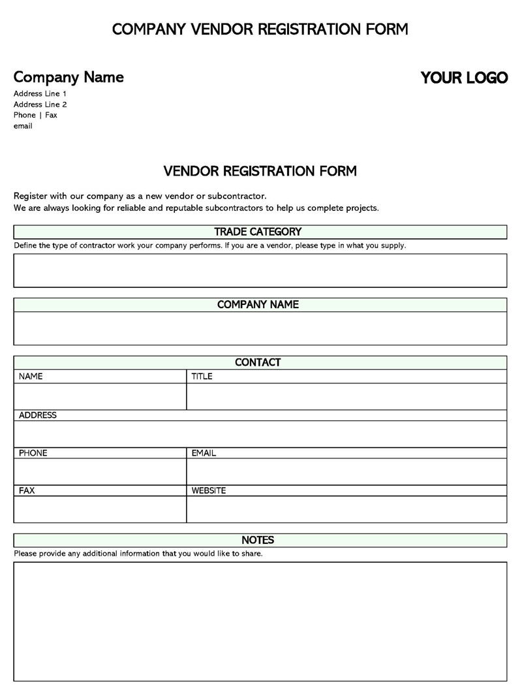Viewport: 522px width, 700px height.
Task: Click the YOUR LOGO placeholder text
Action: coord(464,78)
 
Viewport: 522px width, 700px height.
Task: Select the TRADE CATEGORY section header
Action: coord(258,232)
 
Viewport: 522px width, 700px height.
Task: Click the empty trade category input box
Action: coord(260,270)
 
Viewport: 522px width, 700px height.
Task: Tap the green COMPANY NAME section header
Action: coord(258,305)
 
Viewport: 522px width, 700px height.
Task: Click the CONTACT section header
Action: coord(258,362)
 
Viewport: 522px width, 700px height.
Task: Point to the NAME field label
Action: coord(31,377)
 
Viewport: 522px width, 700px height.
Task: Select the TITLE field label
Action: coord(202,377)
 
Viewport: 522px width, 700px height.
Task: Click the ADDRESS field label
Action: coord(38,415)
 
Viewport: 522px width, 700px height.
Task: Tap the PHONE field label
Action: coord(33,453)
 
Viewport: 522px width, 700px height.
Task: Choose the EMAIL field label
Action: coord(204,453)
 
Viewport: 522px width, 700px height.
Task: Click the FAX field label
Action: coord(27,490)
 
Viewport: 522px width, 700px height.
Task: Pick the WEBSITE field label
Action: coord(209,490)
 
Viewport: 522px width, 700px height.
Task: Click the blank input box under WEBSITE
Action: coord(346,509)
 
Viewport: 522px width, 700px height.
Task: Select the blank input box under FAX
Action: coord(100,509)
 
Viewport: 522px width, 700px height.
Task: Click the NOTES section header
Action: coord(258,540)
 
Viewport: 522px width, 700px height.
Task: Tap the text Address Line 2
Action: coord(40,104)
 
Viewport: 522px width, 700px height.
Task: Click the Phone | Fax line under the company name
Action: coord(35,115)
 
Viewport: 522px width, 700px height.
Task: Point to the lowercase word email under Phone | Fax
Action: coord(23,126)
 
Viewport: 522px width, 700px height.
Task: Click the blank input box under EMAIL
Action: coord(346,471)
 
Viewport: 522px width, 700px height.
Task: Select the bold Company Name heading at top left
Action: coord(69,77)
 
